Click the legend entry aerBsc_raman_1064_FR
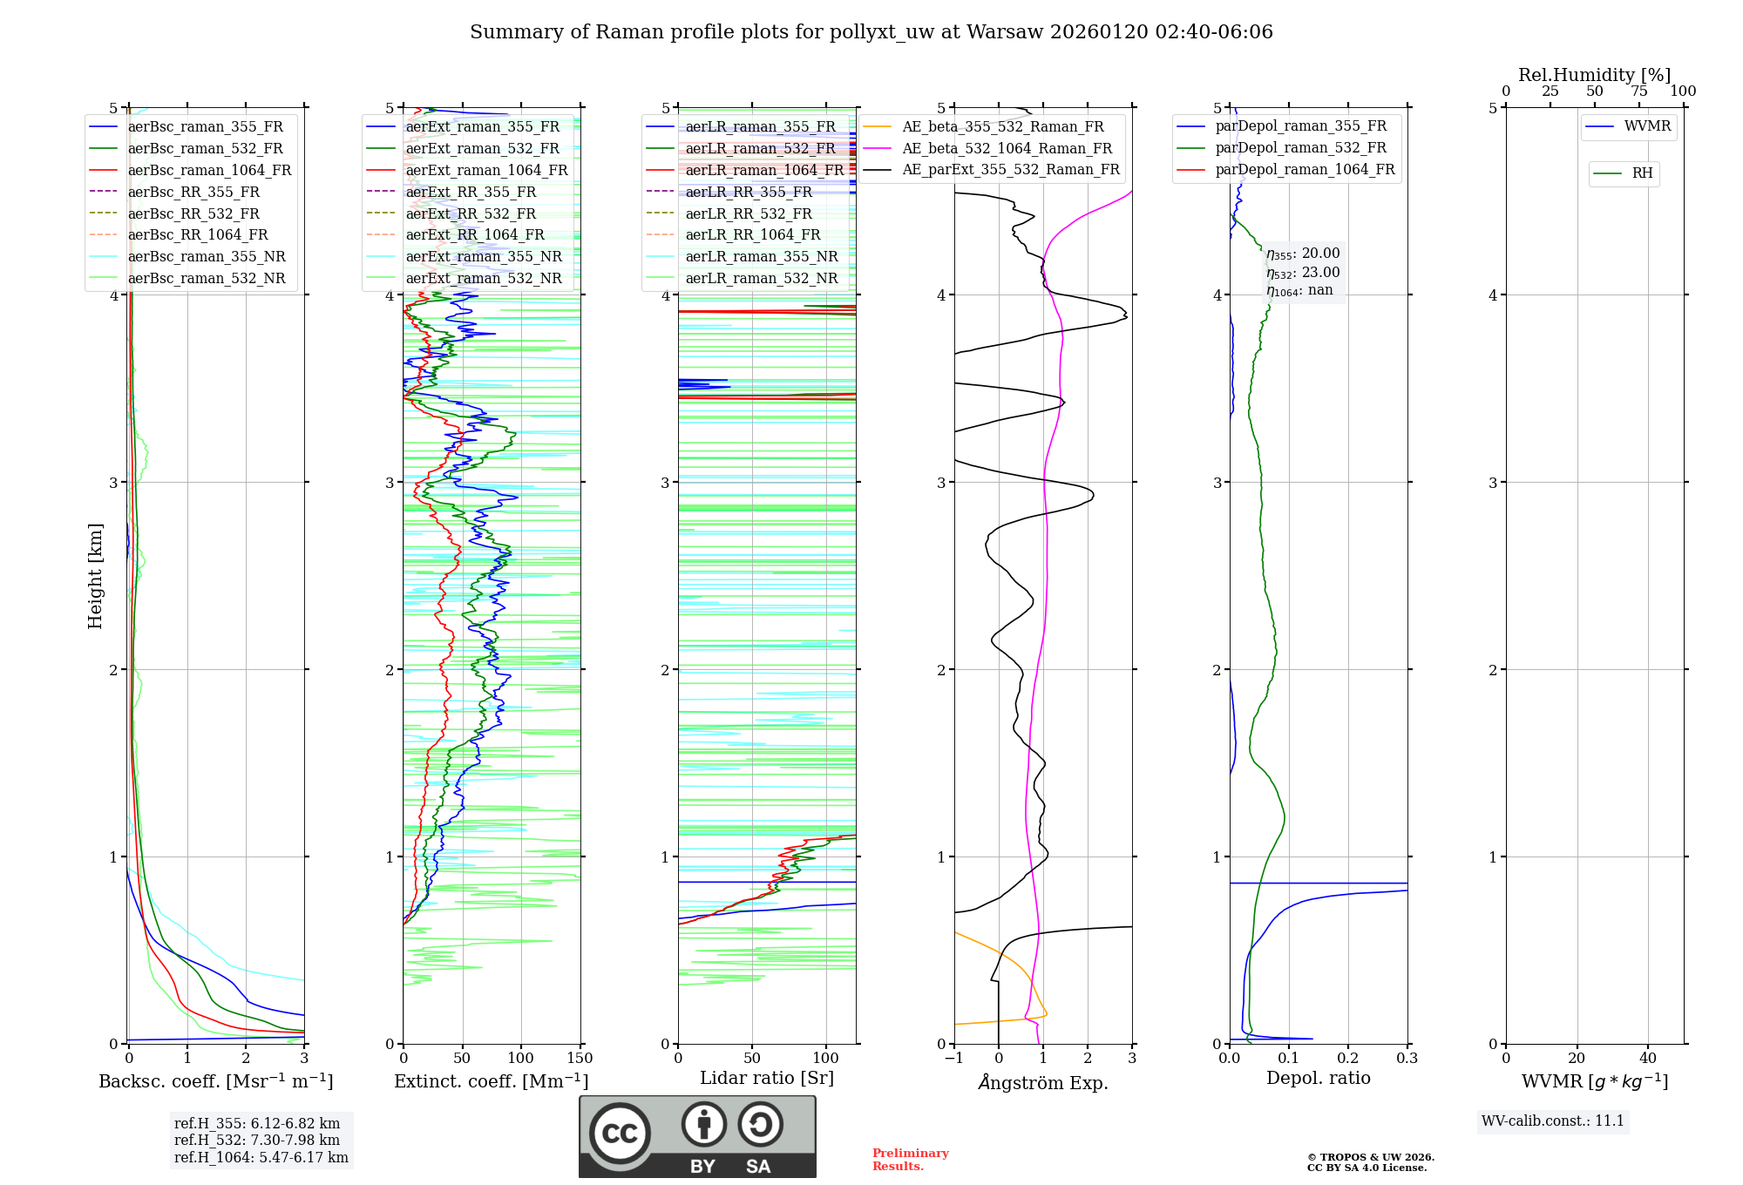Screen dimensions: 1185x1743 click(209, 171)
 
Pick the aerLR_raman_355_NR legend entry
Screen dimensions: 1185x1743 click(761, 257)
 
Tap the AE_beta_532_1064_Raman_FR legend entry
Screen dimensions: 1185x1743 click(1007, 149)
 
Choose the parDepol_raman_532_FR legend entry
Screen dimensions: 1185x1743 click(1300, 148)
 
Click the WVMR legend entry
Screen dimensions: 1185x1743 click(1647, 126)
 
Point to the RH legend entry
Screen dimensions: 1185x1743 click(1642, 173)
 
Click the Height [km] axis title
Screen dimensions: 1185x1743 click(95, 576)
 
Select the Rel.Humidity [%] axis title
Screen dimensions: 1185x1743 click(1594, 75)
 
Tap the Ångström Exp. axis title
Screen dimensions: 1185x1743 click(1043, 1083)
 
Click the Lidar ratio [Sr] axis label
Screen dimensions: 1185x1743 click(767, 1078)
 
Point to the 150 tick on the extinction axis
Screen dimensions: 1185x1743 click(580, 1059)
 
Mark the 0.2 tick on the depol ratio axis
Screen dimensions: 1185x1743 click(1348, 1059)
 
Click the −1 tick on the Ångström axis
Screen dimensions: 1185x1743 click(953, 1059)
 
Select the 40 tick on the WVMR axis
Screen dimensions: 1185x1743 click(1647, 1059)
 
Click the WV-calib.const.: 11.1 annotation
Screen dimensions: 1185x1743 click(1553, 1121)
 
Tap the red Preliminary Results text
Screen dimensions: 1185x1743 click(910, 1160)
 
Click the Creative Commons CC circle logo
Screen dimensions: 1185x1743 click(620, 1134)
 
